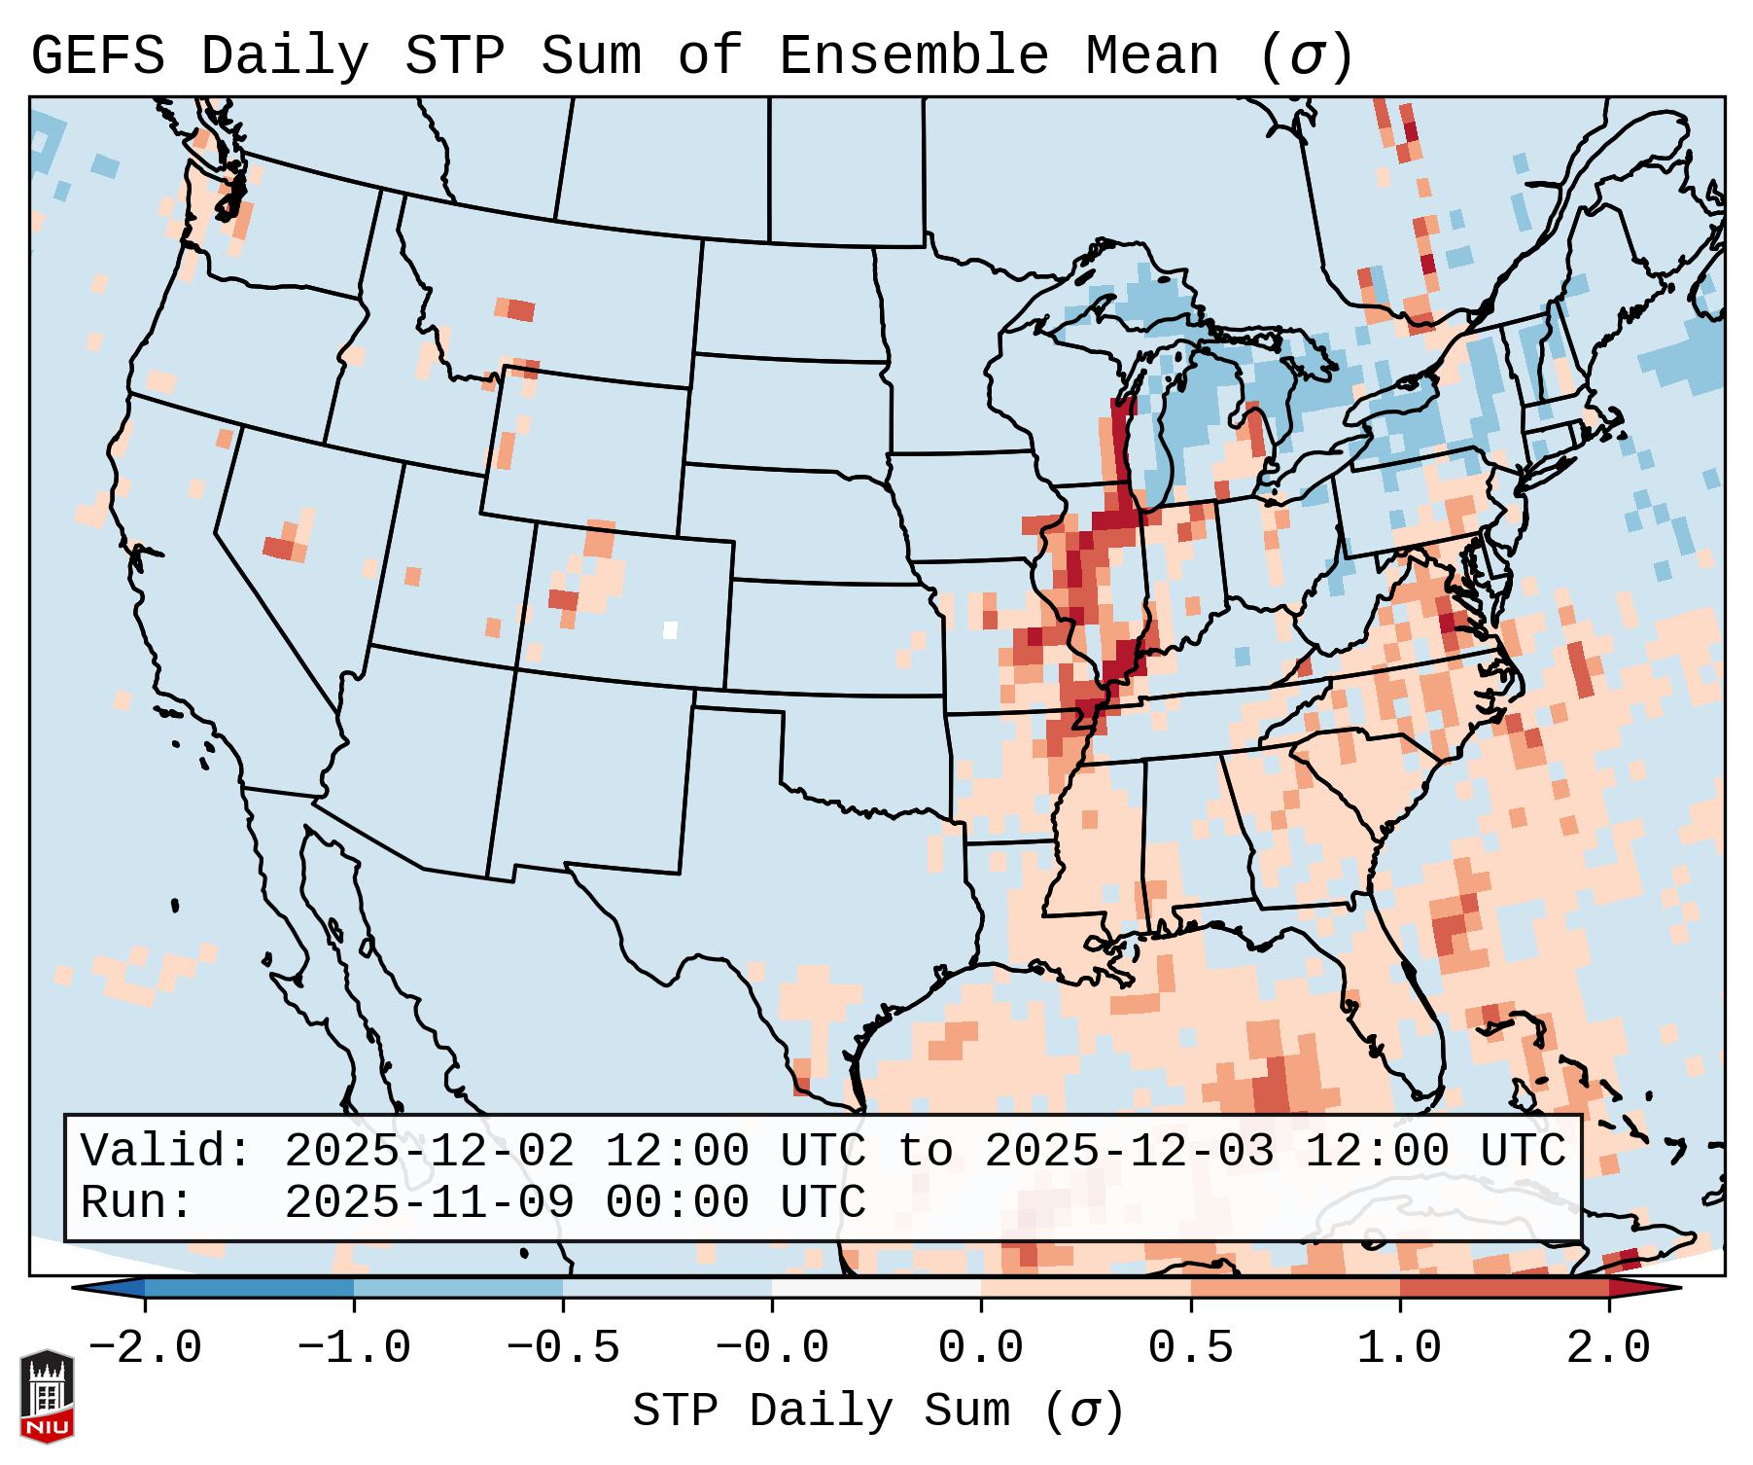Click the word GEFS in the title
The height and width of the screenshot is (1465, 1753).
[97, 56]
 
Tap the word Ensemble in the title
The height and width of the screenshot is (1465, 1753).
[913, 56]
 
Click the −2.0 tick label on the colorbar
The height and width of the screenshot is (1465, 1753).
[145, 1349]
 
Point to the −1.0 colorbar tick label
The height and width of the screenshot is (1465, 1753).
[354, 1349]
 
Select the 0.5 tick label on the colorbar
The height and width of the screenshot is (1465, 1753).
[1191, 1349]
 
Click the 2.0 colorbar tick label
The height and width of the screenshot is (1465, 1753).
[1609, 1349]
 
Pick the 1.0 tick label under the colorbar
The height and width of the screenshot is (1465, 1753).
[1400, 1349]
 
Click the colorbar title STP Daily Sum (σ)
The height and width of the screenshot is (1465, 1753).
[878, 1411]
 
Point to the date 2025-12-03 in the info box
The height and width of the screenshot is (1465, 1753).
[1129, 1152]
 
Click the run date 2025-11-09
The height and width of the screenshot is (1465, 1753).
[429, 1203]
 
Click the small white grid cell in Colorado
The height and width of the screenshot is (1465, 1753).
[670, 629]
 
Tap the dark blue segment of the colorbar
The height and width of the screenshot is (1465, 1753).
[249, 1288]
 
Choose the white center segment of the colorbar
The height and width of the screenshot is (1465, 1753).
[876, 1288]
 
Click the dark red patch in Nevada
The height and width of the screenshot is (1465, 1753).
[279, 547]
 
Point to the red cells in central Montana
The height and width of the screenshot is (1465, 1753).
[520, 310]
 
